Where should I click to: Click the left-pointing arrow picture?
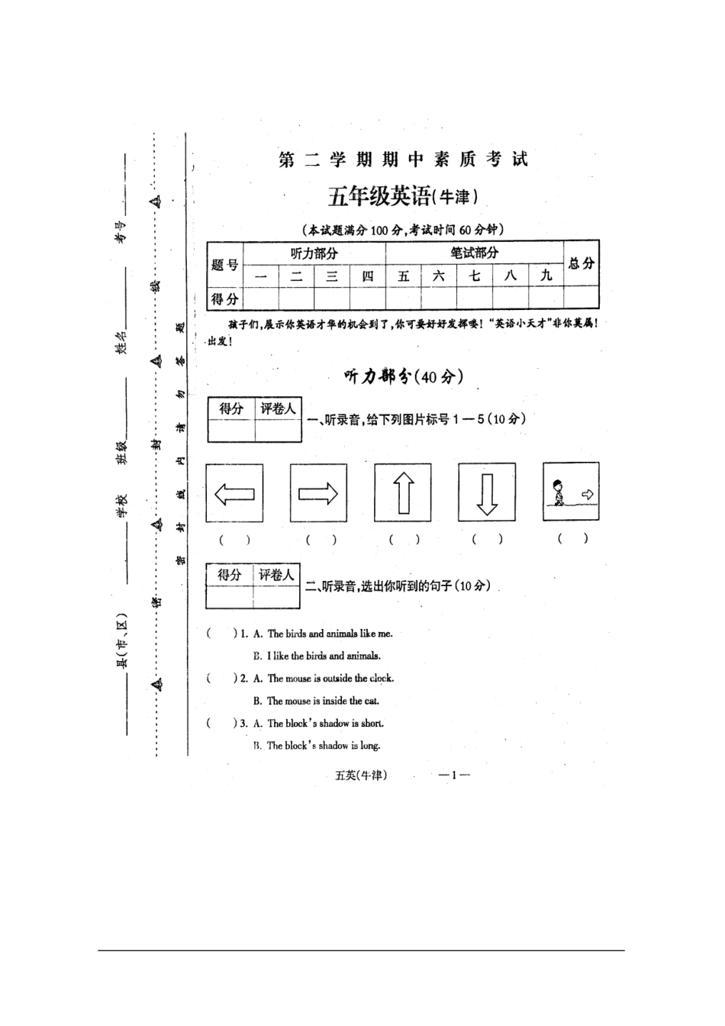pyautogui.click(x=234, y=494)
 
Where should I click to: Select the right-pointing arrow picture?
pyautogui.click(x=318, y=493)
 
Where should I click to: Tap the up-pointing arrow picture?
pyautogui.click(x=403, y=493)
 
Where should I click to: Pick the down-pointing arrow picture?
pyautogui.click(x=486, y=493)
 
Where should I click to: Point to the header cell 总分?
pyautogui.click(x=581, y=263)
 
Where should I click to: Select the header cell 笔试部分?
pyautogui.click(x=474, y=253)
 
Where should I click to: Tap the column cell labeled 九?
pyautogui.click(x=546, y=276)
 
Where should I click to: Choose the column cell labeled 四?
pyautogui.click(x=367, y=276)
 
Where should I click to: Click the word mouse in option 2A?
pyautogui.click(x=300, y=679)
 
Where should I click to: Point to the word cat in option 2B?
pyautogui.click(x=372, y=701)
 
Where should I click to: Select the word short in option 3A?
pyautogui.click(x=372, y=724)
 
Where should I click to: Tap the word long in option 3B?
pyautogui.click(x=370, y=746)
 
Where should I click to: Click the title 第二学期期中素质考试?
pyautogui.click(x=403, y=160)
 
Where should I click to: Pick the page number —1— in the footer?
pyautogui.click(x=454, y=776)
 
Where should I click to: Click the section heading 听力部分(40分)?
pyautogui.click(x=403, y=376)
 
